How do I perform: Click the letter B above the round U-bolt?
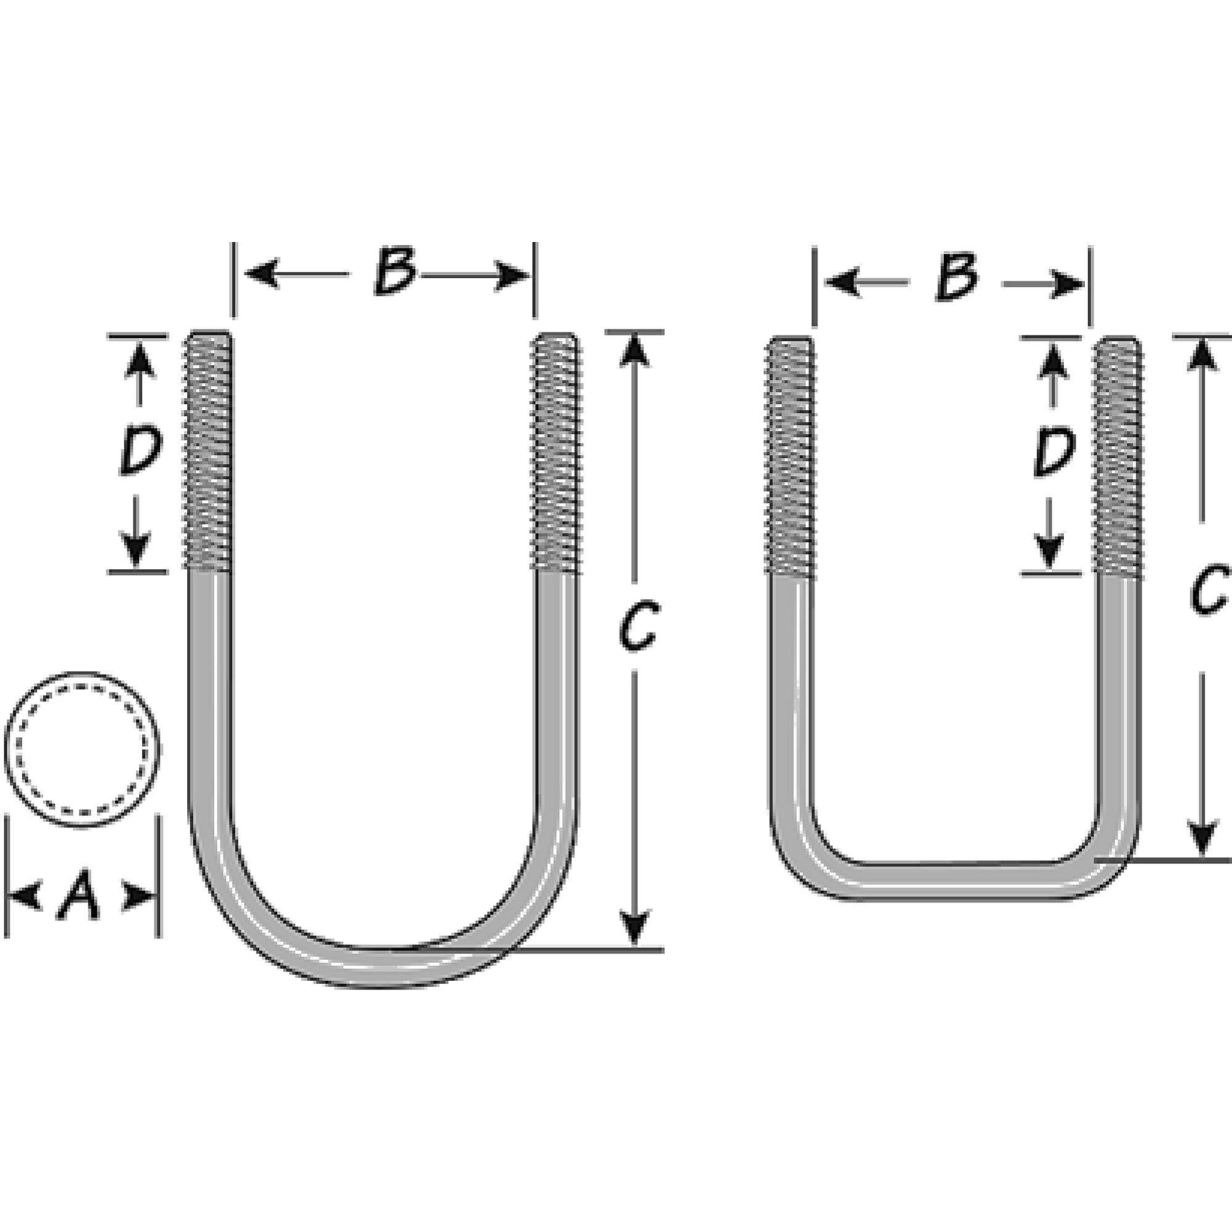[x=395, y=272]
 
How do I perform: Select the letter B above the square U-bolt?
[x=957, y=278]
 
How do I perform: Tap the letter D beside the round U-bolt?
[x=140, y=452]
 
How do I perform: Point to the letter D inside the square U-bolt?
[x=1053, y=453]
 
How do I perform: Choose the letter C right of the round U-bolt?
[x=637, y=627]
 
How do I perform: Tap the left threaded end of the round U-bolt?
[x=209, y=452]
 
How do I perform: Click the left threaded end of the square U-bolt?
[x=790, y=456]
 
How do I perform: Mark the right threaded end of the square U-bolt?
[x=1118, y=456]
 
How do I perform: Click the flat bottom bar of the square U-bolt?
[x=957, y=881]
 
